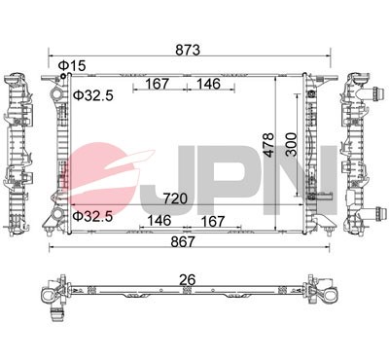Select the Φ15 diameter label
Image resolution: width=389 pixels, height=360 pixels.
pos(72,65)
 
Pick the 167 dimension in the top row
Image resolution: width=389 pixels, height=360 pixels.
pos(161,84)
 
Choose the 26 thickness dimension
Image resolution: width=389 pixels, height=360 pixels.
pos(189,280)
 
